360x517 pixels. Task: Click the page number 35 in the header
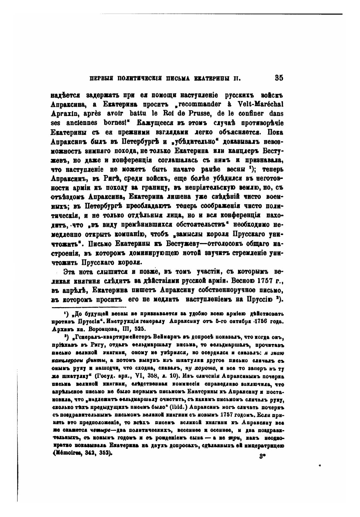click(279, 78)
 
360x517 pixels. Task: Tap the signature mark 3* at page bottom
click(261, 456)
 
